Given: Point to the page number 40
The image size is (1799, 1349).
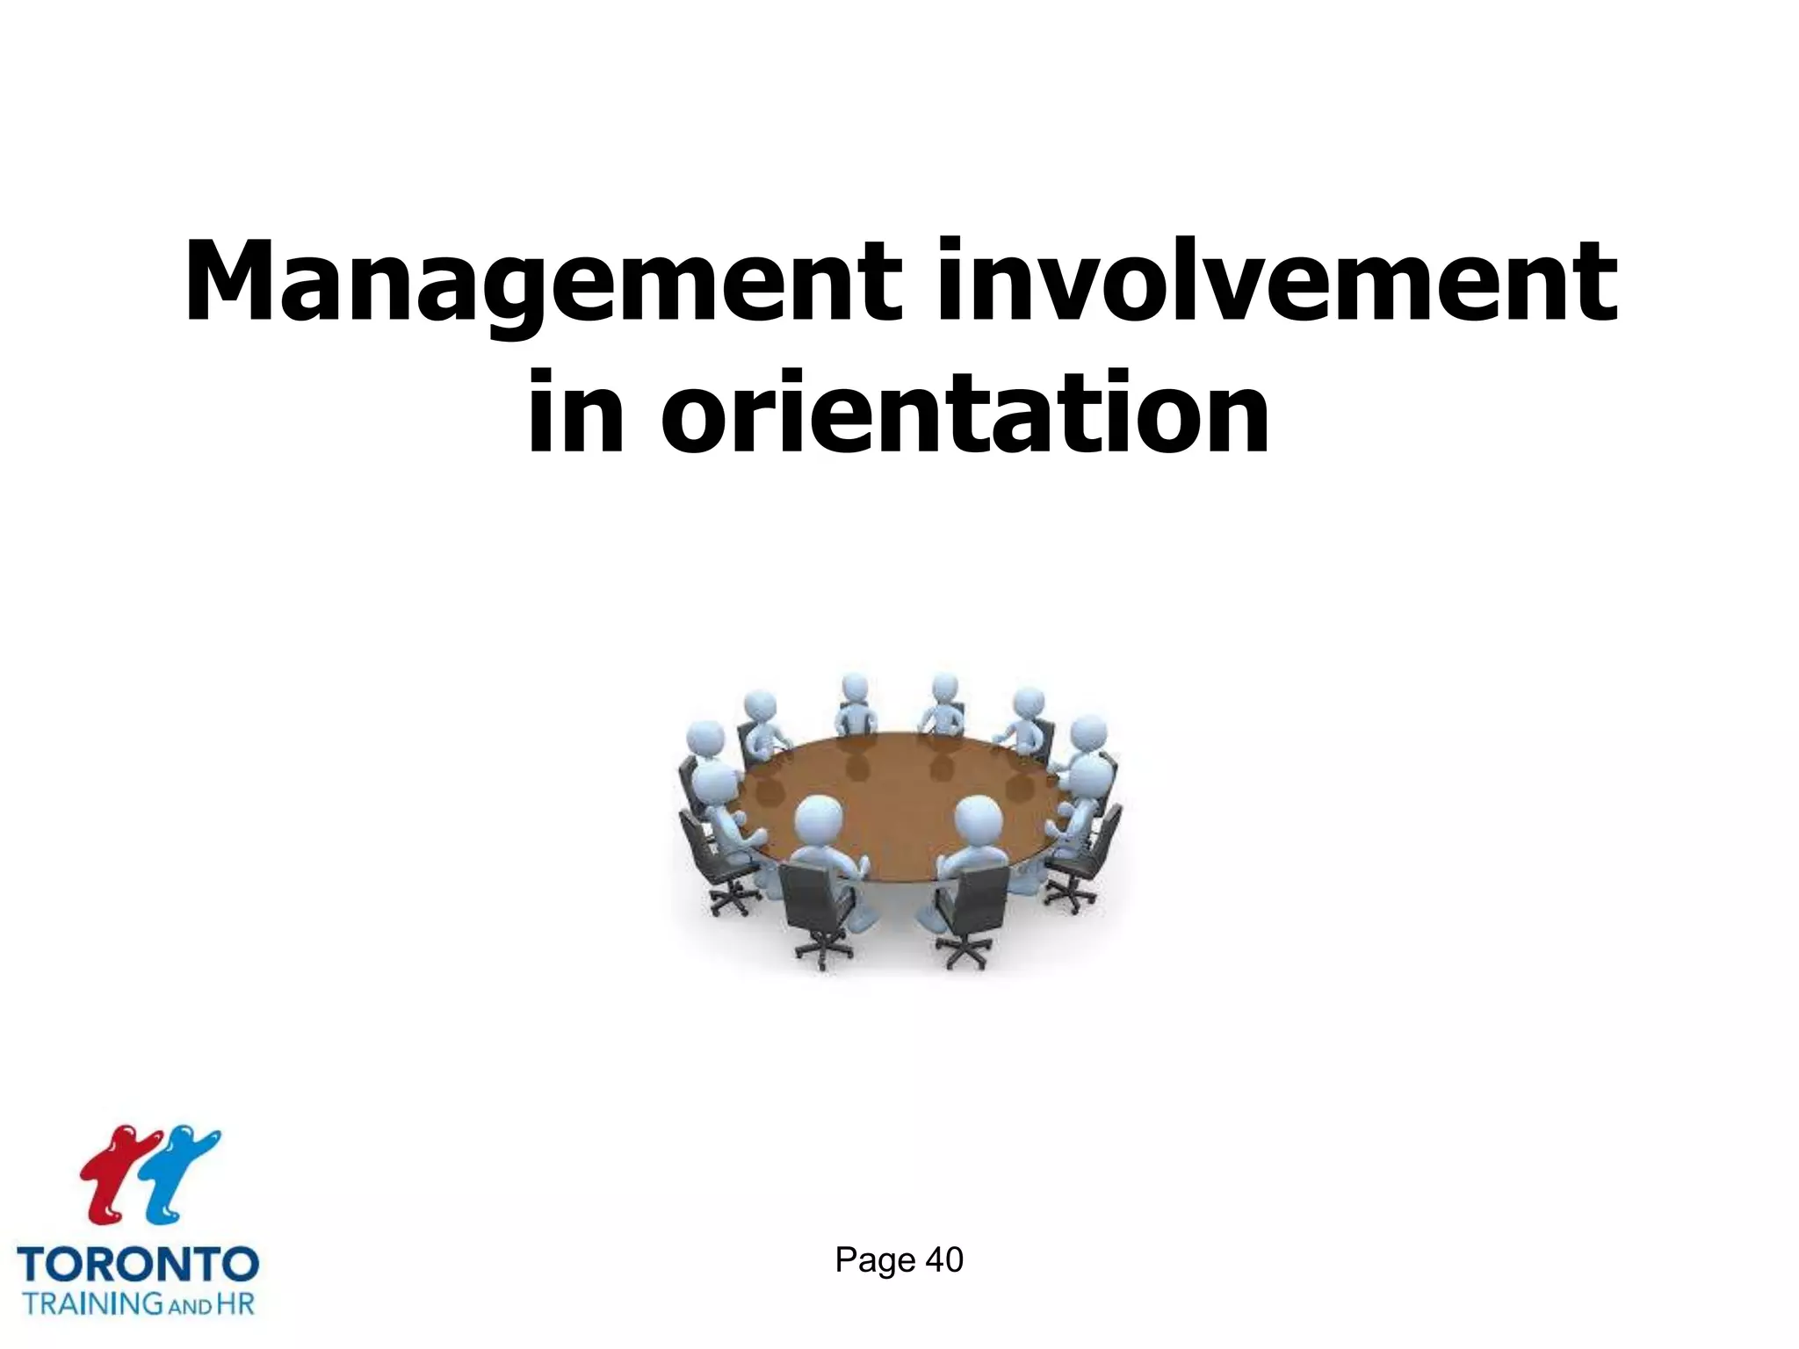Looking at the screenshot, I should coord(944,1259).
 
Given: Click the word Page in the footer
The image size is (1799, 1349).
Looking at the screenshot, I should coord(875,1260).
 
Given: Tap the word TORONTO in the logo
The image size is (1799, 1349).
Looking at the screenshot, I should coord(138,1265).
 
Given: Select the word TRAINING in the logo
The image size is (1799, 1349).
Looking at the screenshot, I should coord(91,1302).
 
